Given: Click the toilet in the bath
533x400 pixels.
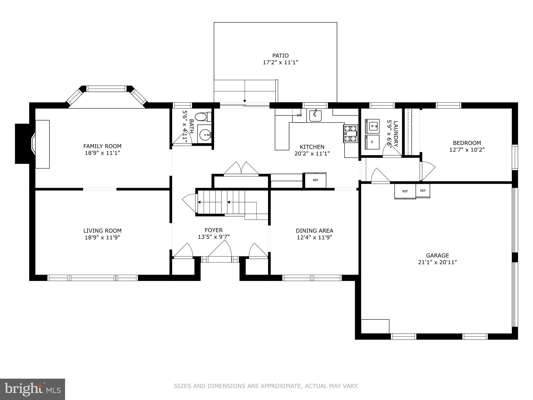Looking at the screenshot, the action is tap(203, 117).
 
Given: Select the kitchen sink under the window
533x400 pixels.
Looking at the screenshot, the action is tap(315, 116).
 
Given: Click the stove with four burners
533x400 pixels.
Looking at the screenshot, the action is tap(351, 133).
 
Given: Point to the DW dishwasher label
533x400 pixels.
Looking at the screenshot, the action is tap(299, 115).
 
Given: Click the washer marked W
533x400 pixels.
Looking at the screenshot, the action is tap(372, 126).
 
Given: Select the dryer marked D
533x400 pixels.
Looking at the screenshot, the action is tap(372, 142).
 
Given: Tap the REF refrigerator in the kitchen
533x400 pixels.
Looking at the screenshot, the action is tap(315, 180).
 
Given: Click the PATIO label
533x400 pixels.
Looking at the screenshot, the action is tap(280, 55).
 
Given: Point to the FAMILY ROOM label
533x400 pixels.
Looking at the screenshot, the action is tap(102, 146).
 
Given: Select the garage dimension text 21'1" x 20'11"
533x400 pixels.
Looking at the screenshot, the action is tap(437, 262).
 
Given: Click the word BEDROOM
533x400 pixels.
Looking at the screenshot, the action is tap(467, 143).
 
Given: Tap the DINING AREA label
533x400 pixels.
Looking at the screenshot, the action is tap(314, 230).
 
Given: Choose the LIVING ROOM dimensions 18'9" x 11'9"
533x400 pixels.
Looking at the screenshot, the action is tap(102, 238).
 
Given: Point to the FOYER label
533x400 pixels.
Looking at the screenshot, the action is tap(214, 230).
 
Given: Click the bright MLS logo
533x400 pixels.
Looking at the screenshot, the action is tap(33, 389).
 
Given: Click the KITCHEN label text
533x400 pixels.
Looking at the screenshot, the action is tap(312, 147).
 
